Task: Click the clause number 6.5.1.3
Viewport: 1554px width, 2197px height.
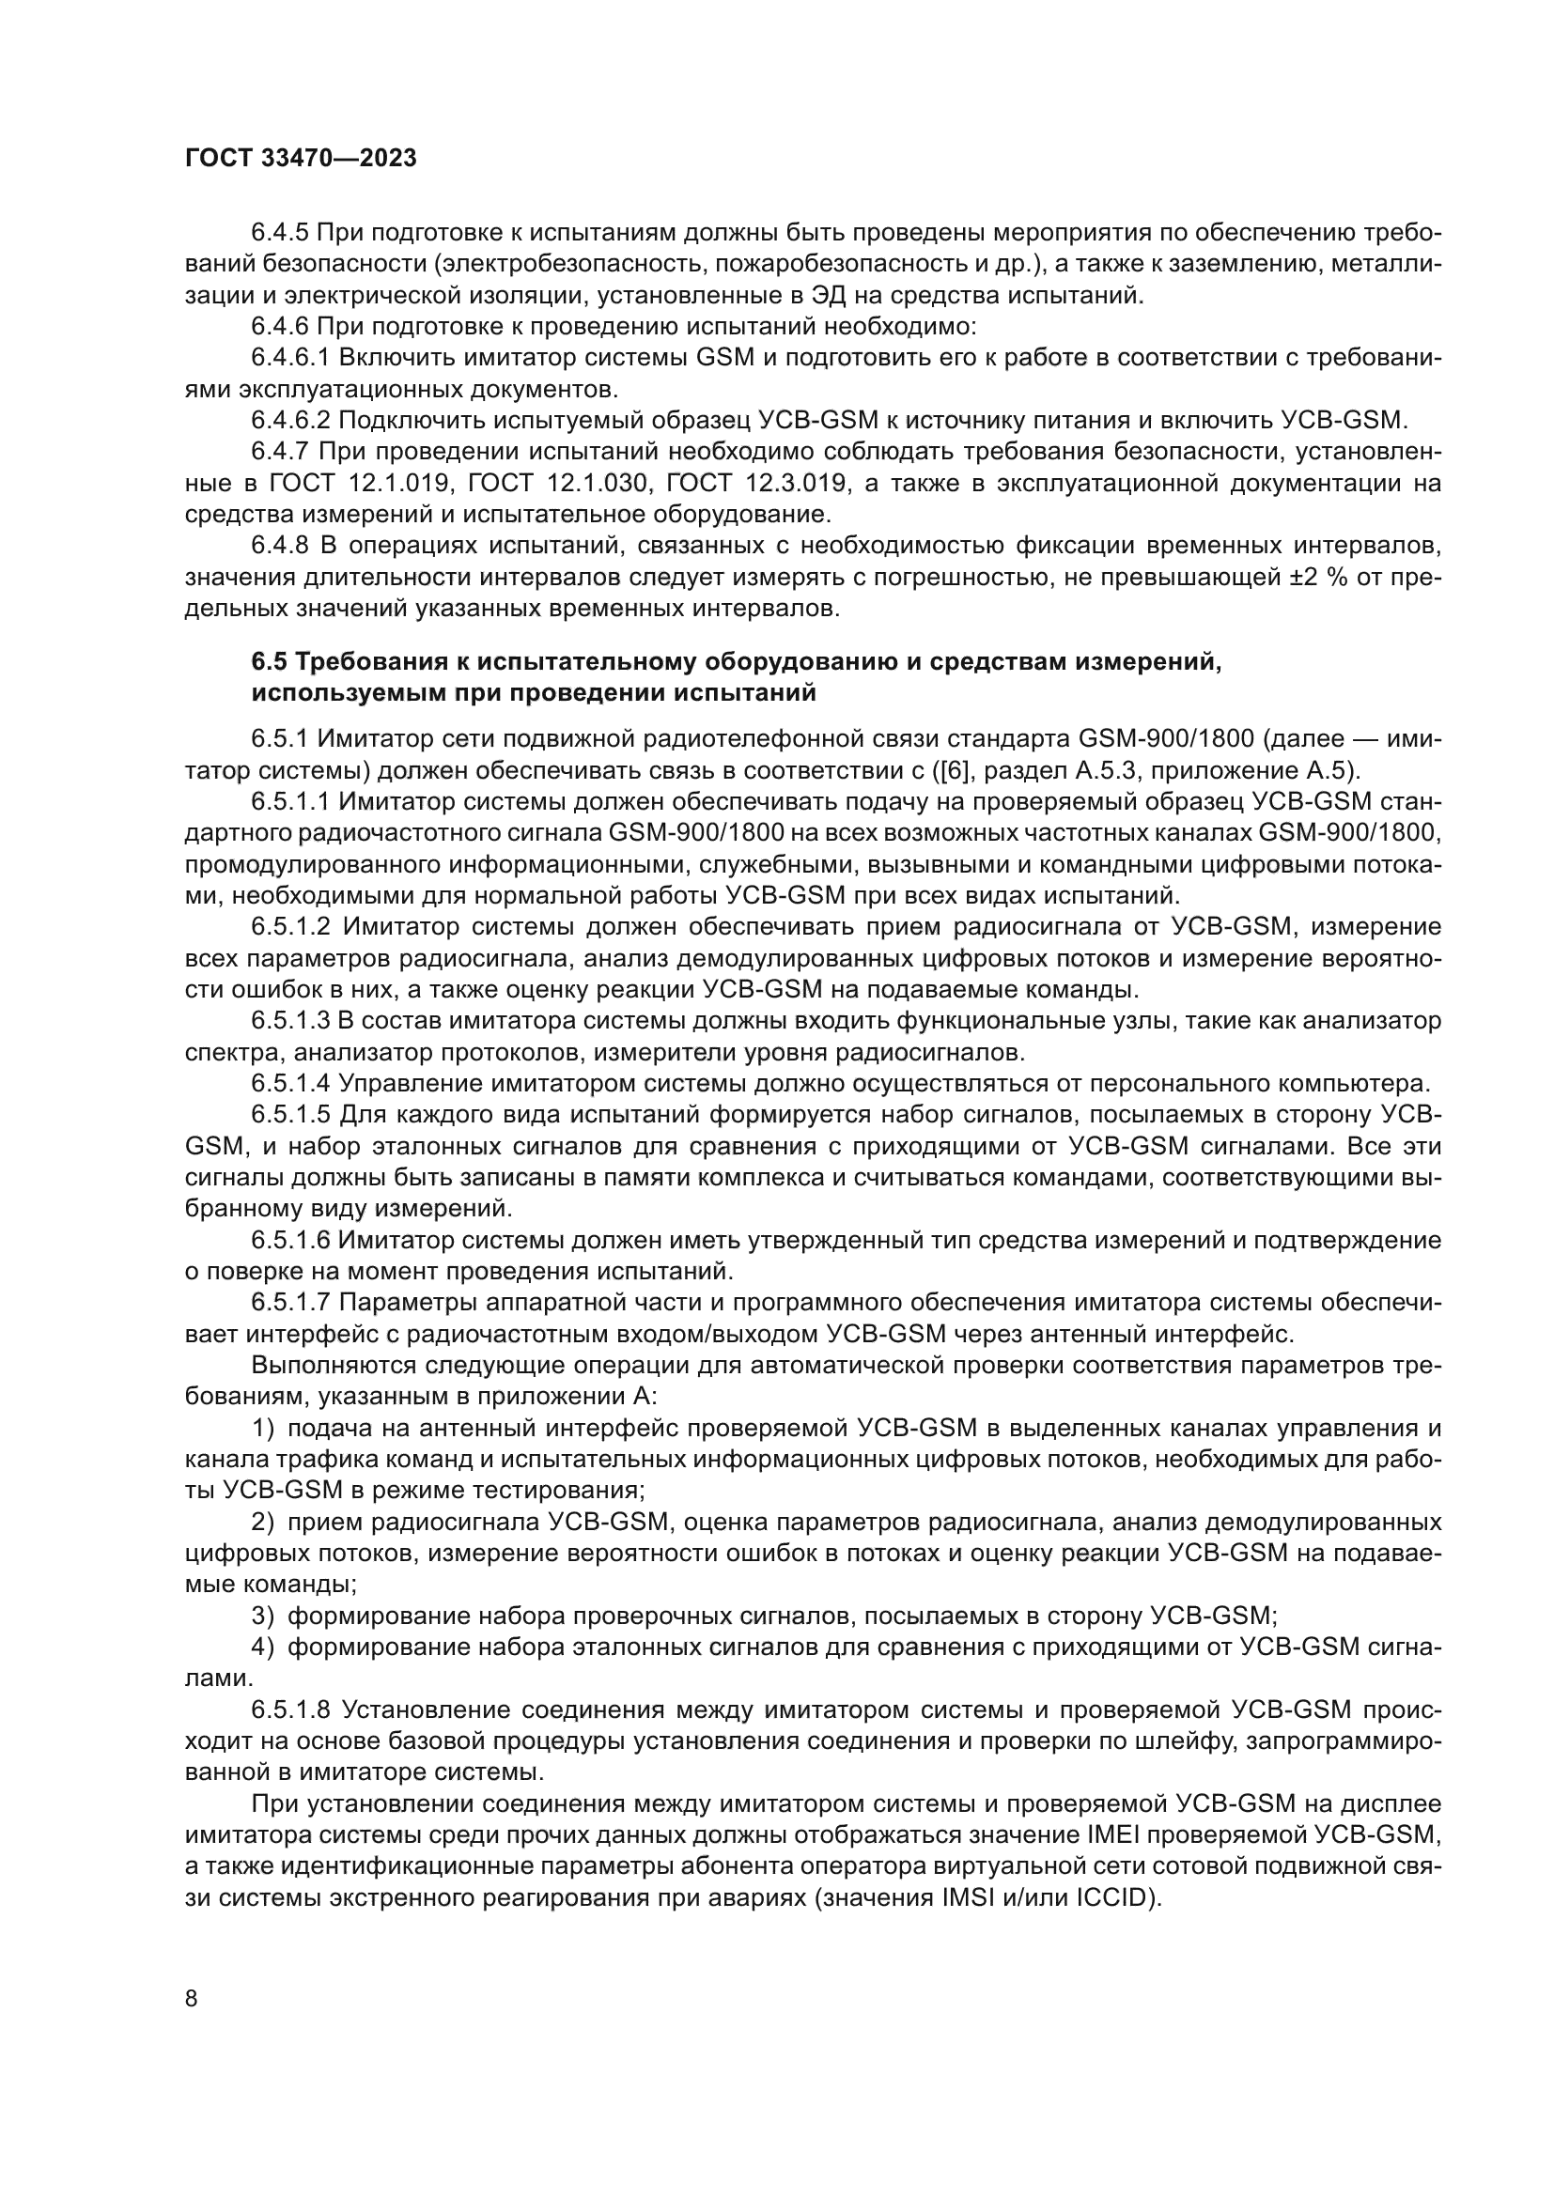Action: [x=291, y=1021]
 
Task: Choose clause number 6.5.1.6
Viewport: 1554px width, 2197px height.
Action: [x=291, y=1241]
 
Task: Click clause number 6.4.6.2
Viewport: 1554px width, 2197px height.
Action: [x=291, y=420]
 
